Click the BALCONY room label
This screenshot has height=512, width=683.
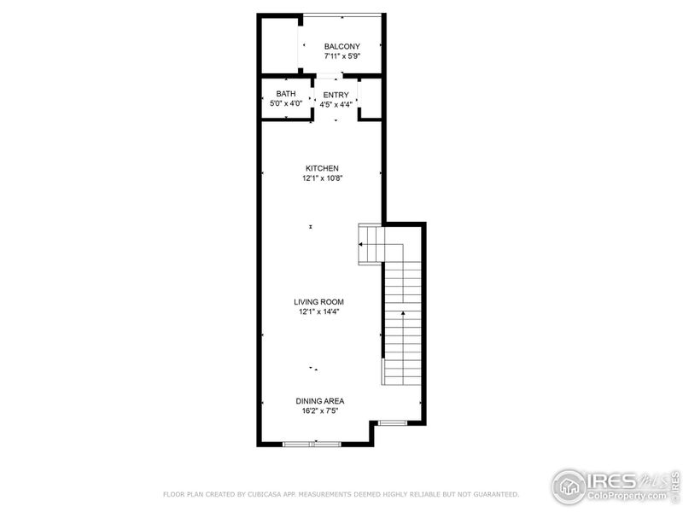point(341,46)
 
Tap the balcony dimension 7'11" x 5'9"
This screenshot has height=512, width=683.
point(341,56)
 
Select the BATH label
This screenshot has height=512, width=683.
point(285,93)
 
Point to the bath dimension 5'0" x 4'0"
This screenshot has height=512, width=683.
point(285,103)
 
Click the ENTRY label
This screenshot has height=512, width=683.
point(336,94)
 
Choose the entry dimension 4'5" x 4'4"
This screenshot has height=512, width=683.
point(336,104)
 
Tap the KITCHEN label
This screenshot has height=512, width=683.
point(322,168)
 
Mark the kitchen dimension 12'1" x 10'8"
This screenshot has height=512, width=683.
point(322,178)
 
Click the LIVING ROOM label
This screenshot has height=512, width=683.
point(319,301)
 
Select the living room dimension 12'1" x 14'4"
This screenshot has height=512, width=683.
point(319,311)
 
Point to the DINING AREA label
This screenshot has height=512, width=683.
point(320,400)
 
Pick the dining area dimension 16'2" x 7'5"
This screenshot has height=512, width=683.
point(320,410)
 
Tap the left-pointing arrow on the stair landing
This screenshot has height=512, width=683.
point(362,245)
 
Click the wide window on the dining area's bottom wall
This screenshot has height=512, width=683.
point(312,444)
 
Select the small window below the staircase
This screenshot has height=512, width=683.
point(393,422)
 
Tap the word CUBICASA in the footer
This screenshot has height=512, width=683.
point(271,494)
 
